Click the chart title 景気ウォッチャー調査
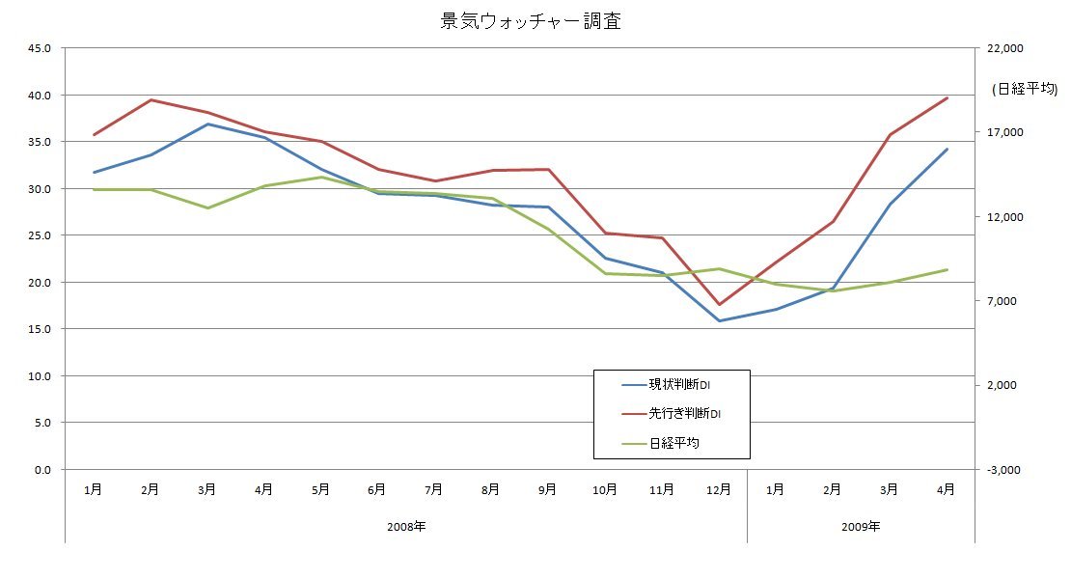pos(531,22)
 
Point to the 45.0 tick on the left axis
pos(42,48)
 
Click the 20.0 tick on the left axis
pos(42,282)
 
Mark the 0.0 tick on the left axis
pos(46,469)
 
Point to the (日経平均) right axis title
pos(1025,89)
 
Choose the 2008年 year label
pos(405,527)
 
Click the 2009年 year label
pos(861,527)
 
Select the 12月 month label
pos(718,490)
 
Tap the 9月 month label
pos(548,490)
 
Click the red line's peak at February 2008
pos(151,99)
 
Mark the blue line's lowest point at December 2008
pos(719,320)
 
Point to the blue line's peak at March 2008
pos(207,124)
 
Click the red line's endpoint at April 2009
pos(947,97)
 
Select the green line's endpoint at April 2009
pos(947,269)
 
